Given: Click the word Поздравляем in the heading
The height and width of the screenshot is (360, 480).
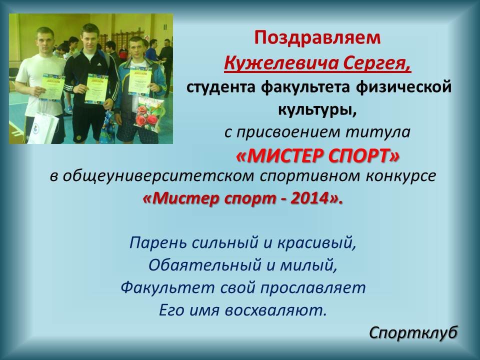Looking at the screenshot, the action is click(x=317, y=38).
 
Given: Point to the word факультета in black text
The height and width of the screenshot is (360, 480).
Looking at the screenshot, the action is click(x=305, y=87).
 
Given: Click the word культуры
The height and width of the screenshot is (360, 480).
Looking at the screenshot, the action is click(x=317, y=109).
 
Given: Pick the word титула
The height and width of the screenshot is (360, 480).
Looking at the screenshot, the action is click(x=378, y=132).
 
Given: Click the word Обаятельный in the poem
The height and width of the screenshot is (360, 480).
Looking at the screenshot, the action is click(x=205, y=265).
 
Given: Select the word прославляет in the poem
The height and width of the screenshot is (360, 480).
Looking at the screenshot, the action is click(x=313, y=288).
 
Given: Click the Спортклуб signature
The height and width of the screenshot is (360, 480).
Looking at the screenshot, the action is click(x=413, y=333).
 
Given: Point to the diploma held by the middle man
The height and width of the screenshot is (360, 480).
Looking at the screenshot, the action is click(x=96, y=88).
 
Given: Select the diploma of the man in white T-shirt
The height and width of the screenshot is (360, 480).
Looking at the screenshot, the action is click(x=52, y=86).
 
